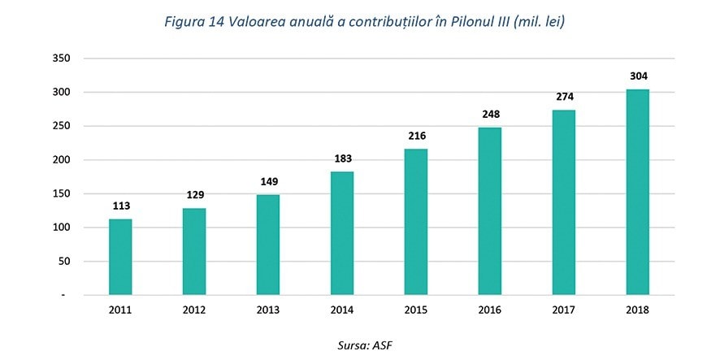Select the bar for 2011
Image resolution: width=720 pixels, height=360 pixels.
(x=120, y=257)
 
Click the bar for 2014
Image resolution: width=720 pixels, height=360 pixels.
(x=342, y=233)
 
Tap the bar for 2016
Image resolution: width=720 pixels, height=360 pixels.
(x=490, y=211)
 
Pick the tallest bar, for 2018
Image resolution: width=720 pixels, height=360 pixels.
(x=638, y=192)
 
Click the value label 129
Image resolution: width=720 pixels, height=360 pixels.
(x=194, y=195)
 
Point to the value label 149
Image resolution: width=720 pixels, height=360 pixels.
(x=268, y=182)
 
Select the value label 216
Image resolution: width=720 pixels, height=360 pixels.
(x=416, y=136)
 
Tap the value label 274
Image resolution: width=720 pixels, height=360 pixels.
(x=564, y=97)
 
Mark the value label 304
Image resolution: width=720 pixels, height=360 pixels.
(x=638, y=76)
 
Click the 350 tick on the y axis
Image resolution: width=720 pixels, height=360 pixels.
(x=63, y=59)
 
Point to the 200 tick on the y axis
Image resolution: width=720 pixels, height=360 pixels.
(x=63, y=160)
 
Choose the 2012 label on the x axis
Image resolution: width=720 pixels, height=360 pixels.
(x=194, y=310)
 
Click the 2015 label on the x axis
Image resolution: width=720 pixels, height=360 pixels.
(x=416, y=310)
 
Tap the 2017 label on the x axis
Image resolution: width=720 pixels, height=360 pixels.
(x=564, y=310)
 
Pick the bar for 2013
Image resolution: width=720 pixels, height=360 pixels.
(x=268, y=245)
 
